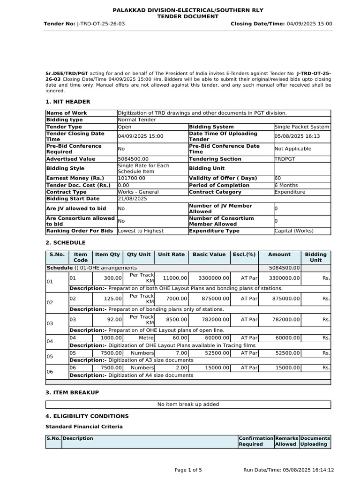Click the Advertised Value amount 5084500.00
[x=133, y=159]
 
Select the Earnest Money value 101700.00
[x=132, y=178]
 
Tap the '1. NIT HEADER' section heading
[x=67, y=102]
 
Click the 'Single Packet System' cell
[x=302, y=127]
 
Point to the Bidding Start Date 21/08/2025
[x=133, y=199]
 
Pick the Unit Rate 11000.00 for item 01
[x=175, y=278]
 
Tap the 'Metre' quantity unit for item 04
[x=146, y=337]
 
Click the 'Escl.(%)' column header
[x=244, y=255]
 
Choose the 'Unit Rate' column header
[x=172, y=255]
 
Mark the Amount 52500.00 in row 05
[x=286, y=353]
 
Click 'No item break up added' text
[x=188, y=404]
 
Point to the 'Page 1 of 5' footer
[x=188, y=470]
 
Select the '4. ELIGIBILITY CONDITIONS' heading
[x=87, y=416]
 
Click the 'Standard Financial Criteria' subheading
[x=84, y=427]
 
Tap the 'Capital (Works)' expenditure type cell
[x=294, y=231]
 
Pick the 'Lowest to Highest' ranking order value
[x=141, y=231]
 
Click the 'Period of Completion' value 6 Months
[x=286, y=185]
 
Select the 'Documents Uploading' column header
[x=315, y=441]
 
